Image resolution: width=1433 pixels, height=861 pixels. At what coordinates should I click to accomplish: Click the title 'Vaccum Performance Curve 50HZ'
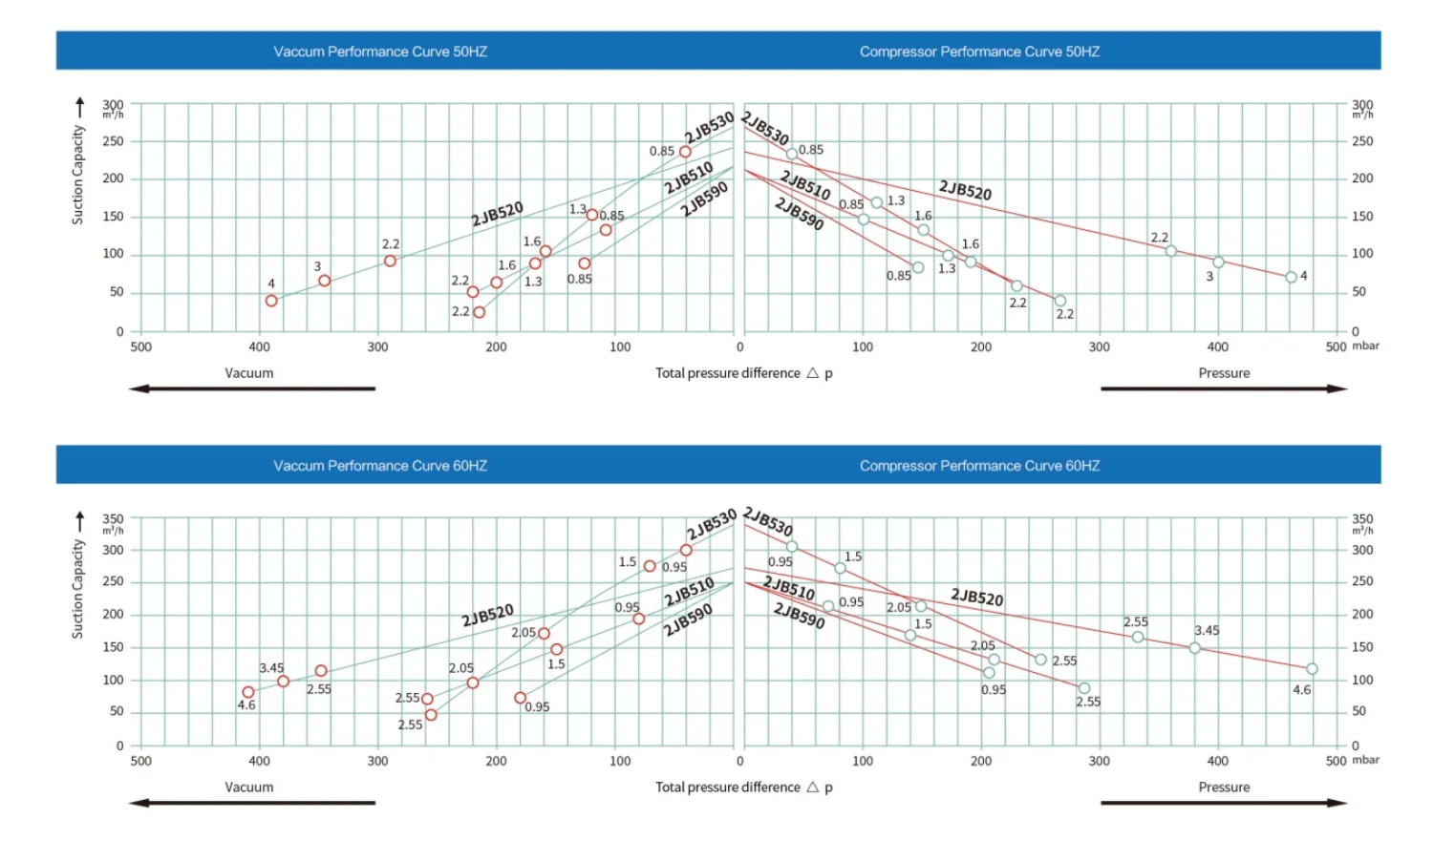[x=380, y=52]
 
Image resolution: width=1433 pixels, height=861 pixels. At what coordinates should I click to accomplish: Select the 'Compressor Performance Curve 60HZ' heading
[x=979, y=466]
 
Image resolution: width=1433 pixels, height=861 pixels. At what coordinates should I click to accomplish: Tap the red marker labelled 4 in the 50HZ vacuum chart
[x=271, y=301]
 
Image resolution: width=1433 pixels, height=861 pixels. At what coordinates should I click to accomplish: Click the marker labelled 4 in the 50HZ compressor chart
[x=1292, y=277]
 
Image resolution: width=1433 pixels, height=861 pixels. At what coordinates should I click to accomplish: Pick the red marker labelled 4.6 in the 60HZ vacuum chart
[x=248, y=692]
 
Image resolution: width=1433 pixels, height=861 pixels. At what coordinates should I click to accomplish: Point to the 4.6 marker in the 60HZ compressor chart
[x=1312, y=669]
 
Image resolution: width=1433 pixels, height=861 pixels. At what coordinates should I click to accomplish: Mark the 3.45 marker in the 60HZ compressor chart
[x=1194, y=648]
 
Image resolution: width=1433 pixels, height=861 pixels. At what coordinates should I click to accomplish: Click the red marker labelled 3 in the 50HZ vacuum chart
[x=325, y=281]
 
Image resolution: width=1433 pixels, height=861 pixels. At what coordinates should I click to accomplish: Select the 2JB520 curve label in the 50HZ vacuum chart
[x=497, y=213]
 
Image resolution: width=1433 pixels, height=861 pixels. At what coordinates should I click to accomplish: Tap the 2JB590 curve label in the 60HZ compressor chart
[x=799, y=616]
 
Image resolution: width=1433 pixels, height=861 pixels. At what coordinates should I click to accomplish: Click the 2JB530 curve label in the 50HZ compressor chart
[x=766, y=128]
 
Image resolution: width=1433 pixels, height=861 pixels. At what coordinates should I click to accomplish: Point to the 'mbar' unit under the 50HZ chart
[x=1365, y=346]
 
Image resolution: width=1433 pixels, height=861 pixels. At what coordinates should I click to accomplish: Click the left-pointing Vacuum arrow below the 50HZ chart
[x=252, y=388]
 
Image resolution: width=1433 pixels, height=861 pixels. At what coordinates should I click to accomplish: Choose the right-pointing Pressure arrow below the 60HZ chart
[x=1224, y=803]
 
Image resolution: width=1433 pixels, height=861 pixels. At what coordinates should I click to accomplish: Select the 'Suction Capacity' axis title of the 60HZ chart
[x=78, y=589]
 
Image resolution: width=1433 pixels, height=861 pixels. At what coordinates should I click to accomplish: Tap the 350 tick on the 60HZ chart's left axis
[x=113, y=518]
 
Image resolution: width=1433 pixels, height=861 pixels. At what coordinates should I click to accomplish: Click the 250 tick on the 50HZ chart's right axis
[x=1362, y=141]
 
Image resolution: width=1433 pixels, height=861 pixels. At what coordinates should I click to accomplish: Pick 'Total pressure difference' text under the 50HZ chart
[x=727, y=373]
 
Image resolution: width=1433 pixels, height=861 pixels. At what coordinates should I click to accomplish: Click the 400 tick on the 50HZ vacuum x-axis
[x=259, y=347]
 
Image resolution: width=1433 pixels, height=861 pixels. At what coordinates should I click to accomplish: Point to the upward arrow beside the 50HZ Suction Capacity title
[x=80, y=107]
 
